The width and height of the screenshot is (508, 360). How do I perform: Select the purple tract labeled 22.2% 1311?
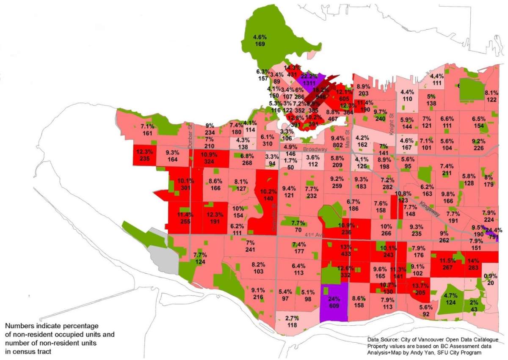click(309, 79)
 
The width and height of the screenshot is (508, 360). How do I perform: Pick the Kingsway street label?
click(431, 206)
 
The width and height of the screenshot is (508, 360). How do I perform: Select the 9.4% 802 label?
click(337, 142)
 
